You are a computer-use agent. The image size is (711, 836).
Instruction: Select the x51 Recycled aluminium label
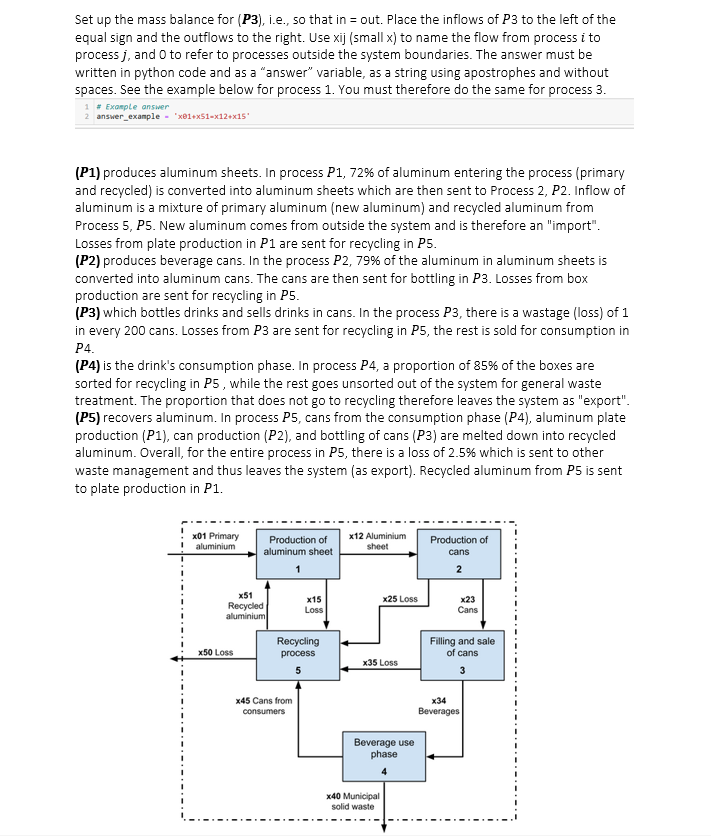tap(245, 606)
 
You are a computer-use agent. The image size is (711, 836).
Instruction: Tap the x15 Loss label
tap(314, 603)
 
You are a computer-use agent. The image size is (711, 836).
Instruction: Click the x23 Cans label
tap(467, 603)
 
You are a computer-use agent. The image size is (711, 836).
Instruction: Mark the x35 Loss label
tap(380, 662)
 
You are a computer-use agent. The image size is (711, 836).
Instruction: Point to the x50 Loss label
tap(216, 652)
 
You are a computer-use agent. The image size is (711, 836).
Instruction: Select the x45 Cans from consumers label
tap(263, 705)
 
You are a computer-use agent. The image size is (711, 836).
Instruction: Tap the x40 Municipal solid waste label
tap(352, 801)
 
